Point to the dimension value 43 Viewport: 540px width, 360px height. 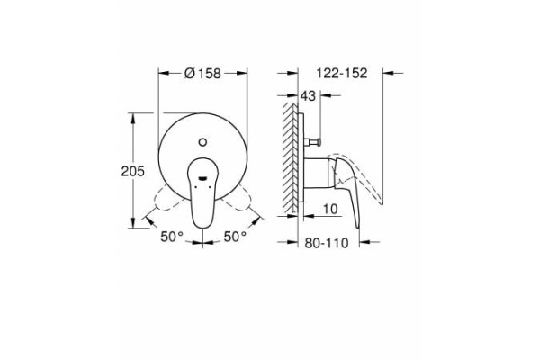point(309,95)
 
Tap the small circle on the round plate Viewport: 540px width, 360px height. point(203,139)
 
